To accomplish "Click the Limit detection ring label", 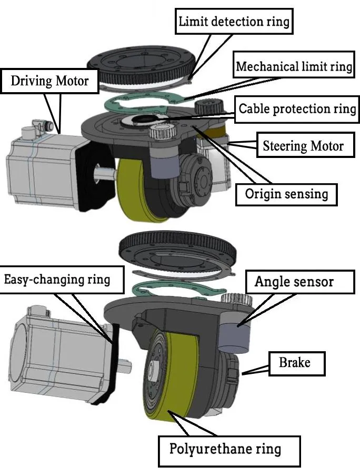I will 234,22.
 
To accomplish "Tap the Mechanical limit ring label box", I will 294,67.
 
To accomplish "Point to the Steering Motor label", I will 303,145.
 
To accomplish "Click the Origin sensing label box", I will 286,194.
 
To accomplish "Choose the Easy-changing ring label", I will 57,279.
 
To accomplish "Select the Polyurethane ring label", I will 225,449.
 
